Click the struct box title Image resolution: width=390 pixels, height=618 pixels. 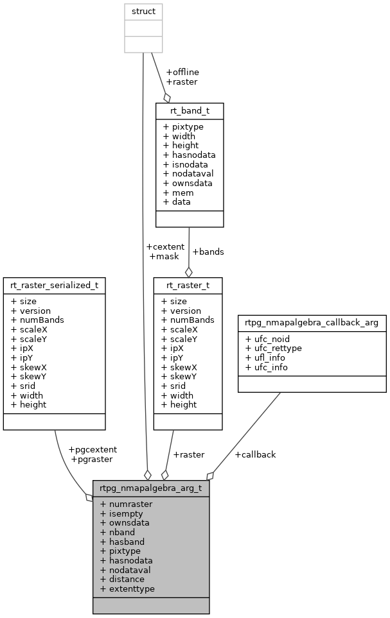(x=143, y=12)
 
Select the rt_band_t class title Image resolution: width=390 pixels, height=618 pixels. (x=190, y=110)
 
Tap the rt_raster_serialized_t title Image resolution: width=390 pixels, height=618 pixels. (x=54, y=285)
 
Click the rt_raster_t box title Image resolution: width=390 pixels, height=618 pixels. (x=188, y=285)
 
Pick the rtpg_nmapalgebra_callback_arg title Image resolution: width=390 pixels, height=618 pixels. (x=312, y=322)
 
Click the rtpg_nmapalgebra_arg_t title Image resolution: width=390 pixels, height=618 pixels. (x=151, y=488)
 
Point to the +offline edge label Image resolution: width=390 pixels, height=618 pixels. (x=182, y=72)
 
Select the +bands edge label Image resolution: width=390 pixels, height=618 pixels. (x=208, y=252)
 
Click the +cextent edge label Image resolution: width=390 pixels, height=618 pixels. (x=165, y=246)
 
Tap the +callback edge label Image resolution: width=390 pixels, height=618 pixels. (x=255, y=454)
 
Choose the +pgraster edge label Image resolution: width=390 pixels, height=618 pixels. (x=91, y=459)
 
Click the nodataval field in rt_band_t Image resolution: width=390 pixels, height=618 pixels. (x=188, y=173)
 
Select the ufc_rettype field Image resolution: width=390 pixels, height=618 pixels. (x=273, y=348)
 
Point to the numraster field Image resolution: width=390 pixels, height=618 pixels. (x=126, y=504)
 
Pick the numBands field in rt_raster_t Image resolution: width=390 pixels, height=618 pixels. (x=187, y=320)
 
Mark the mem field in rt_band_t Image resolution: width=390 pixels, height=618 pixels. (x=178, y=192)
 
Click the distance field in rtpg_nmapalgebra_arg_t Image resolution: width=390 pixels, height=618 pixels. (x=122, y=579)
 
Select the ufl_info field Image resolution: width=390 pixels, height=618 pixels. (x=266, y=357)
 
